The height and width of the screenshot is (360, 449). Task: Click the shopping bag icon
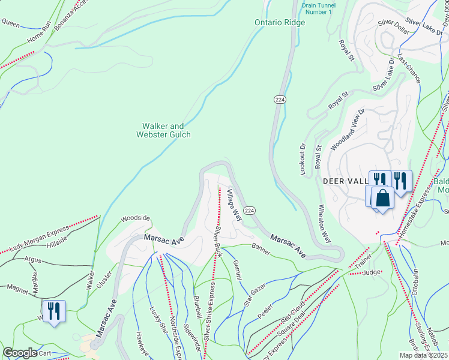point(382,197)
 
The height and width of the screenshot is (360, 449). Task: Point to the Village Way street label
point(234,205)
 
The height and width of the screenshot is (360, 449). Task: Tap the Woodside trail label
point(134,219)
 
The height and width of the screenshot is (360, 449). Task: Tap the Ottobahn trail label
point(415,280)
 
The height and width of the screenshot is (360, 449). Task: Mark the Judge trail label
point(373,272)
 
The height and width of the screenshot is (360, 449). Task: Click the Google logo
point(20,353)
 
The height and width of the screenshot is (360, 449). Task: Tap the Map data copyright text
point(424,355)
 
